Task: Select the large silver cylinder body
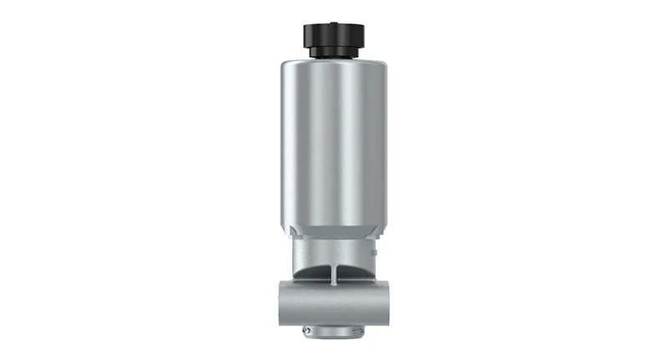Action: click(334, 142)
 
